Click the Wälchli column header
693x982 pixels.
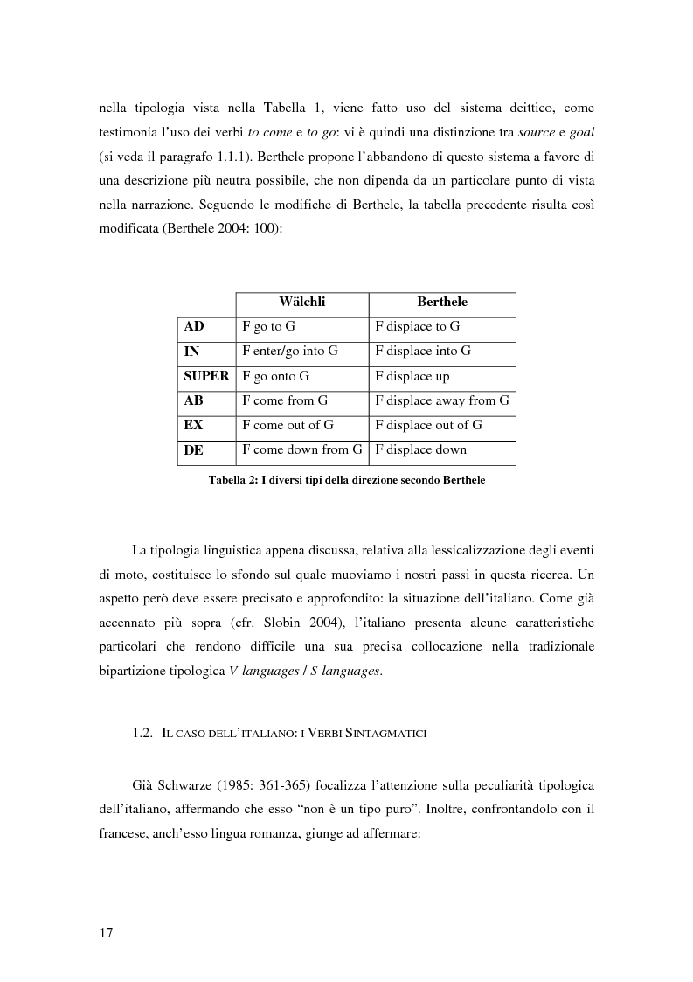pos(301,303)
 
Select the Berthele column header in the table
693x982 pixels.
pos(441,303)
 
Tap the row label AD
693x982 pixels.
pos(194,327)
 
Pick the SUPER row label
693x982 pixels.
pos(206,376)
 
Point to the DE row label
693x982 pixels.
pos(194,450)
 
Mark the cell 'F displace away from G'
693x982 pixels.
pos(441,401)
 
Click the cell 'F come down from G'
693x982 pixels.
pos(301,450)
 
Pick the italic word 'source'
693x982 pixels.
pos(537,131)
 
